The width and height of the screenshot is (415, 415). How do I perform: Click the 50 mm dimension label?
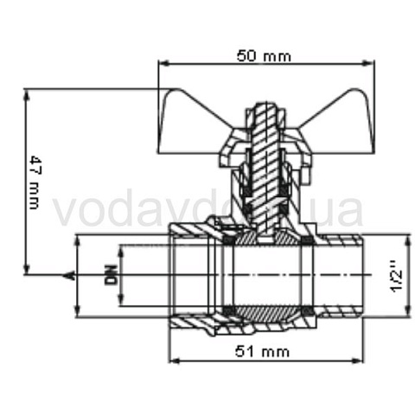[x=264, y=56]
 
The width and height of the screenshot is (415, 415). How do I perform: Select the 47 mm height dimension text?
[x=35, y=182]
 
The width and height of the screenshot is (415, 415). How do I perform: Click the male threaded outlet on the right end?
[x=342, y=275]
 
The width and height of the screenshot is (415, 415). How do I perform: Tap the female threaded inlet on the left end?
[x=195, y=275]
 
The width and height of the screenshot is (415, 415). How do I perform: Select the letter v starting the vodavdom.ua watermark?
[x=65, y=212]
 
